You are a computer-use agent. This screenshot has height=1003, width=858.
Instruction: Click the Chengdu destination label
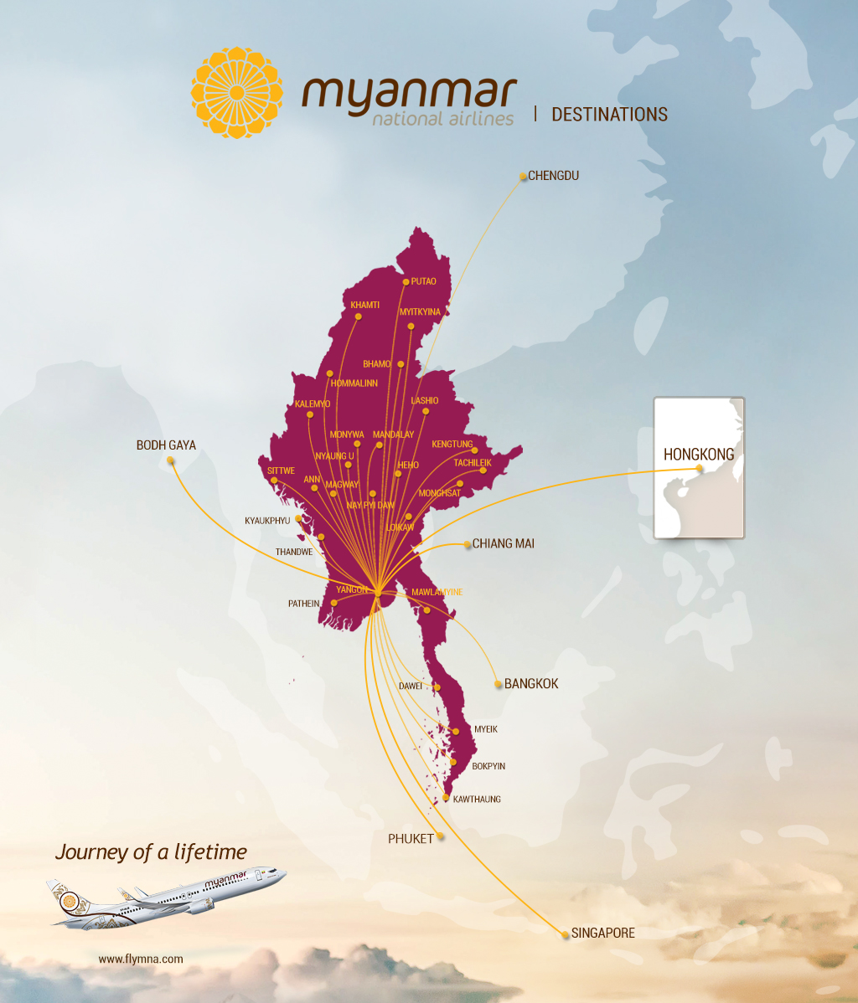554,176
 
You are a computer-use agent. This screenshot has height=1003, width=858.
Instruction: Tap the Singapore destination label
602,933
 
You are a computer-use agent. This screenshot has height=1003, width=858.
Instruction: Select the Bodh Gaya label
166,445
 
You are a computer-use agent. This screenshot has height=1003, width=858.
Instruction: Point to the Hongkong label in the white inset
699,455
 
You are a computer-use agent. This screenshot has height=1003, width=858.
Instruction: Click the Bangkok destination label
531,684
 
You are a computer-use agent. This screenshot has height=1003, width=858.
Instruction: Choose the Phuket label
411,838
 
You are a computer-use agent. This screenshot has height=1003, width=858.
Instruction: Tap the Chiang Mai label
504,543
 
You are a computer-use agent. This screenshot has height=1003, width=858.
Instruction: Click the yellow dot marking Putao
406,282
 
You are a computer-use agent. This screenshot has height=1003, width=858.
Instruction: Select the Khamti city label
364,305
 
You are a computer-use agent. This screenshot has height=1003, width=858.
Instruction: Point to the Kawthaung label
477,800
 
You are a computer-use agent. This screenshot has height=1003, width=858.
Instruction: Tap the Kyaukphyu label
267,521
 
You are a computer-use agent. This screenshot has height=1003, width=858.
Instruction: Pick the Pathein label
304,603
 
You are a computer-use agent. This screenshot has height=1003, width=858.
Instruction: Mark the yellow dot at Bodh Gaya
171,460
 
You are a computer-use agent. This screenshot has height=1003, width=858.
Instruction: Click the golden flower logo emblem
237,93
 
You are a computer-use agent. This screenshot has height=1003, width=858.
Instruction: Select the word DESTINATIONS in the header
609,115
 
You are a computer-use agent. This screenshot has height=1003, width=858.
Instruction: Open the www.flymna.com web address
141,959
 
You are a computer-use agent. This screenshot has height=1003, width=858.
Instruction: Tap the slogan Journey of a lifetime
151,852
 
